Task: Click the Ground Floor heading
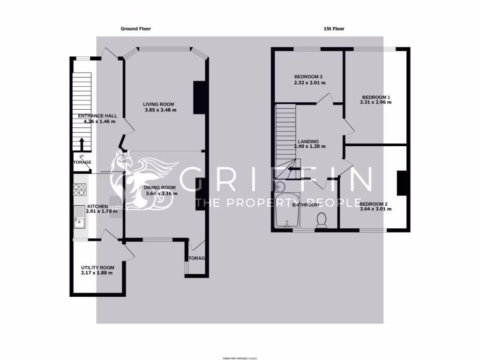(136, 29)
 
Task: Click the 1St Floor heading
(334, 29)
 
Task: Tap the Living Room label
(159, 105)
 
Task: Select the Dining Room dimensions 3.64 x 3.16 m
(161, 193)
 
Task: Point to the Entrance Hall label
(97, 116)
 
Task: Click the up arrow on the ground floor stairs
(82, 142)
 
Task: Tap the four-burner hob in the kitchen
(80, 189)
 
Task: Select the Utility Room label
(97, 268)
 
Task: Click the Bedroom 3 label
(308, 77)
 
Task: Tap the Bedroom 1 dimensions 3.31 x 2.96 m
(375, 102)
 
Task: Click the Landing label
(308, 142)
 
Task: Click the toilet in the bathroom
(322, 219)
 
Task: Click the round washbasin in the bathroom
(280, 186)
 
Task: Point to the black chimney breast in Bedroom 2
(401, 183)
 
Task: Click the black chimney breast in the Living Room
(199, 97)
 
